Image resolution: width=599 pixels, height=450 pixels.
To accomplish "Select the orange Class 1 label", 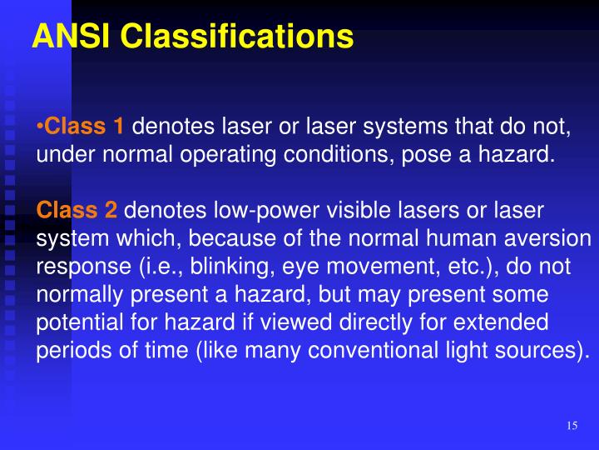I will (x=84, y=127).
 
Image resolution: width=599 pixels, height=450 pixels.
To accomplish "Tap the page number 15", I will (x=572, y=426).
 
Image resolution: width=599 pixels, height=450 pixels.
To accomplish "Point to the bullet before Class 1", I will (x=39, y=127).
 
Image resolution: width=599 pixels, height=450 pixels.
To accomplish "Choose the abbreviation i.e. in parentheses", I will (x=149, y=266).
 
